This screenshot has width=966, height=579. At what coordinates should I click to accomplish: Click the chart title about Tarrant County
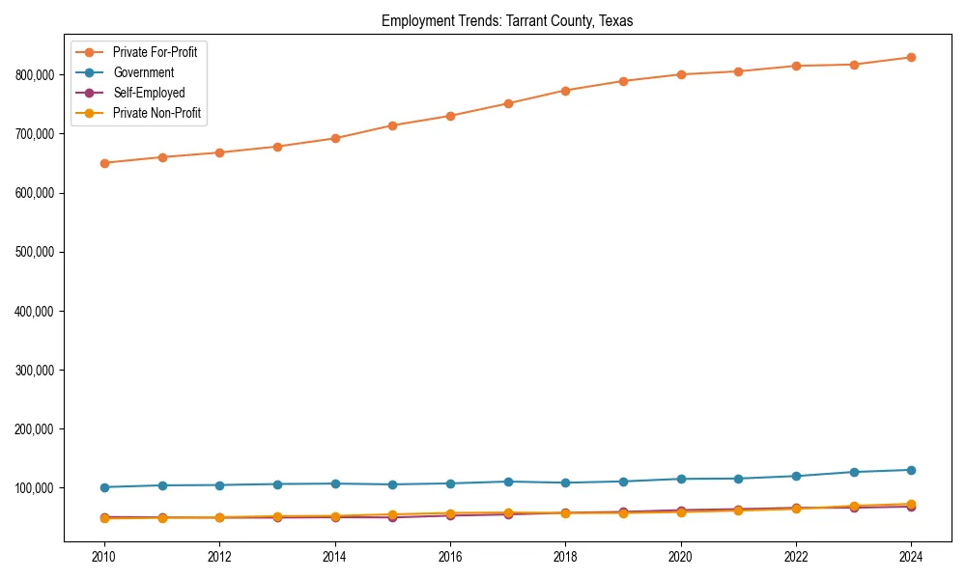pos(507,21)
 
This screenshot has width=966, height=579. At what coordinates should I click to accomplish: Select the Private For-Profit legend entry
pos(155,52)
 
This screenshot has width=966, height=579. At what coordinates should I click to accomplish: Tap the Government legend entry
pos(143,72)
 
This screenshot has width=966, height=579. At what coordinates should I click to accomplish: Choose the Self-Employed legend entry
pos(148,93)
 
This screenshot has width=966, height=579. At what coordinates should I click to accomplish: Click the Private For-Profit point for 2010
pos(104,163)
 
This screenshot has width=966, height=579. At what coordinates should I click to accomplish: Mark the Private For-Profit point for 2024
pos(911,58)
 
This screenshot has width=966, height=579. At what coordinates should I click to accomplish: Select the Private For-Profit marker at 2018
pos(565,91)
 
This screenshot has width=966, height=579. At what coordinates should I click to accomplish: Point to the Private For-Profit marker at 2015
pos(392,125)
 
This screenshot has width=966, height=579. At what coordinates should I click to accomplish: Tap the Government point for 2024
pos(911,470)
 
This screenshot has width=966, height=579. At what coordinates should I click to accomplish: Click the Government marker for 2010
pos(104,487)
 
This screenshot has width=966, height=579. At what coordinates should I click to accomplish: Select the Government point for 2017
pos(508,482)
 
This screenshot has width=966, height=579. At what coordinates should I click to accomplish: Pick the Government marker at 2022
pos(796,476)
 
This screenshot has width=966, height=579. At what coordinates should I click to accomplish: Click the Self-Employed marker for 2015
pos(392,517)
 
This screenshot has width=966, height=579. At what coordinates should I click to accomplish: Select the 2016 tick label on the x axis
pos(450,557)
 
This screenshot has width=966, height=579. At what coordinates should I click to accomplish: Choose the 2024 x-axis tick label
pos(911,557)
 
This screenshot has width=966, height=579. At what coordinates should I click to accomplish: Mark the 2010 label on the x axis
pos(104,557)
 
